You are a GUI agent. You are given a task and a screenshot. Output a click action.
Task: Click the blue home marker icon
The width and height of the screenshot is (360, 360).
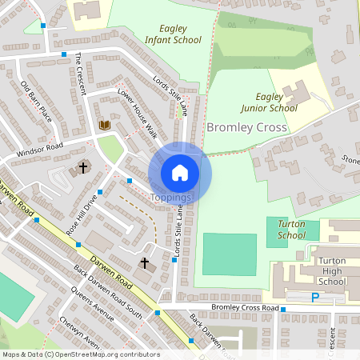pos(180,171)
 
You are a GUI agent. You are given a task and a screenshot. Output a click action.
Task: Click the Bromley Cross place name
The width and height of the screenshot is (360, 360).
pos(246,127)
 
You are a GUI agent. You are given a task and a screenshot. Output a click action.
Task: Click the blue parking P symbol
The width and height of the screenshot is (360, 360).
pos(315,297)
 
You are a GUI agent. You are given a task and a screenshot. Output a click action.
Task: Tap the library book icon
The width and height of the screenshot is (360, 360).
pos(104,126)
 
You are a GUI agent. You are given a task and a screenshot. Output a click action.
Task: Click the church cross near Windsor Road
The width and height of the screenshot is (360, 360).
pos(82,168)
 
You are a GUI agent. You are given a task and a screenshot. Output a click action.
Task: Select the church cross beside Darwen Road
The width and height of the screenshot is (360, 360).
pos(145,262)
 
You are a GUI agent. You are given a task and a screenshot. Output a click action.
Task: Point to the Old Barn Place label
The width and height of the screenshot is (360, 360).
pos(36,101)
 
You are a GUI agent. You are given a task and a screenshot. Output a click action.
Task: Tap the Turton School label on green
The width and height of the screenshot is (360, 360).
pos(291,230)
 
